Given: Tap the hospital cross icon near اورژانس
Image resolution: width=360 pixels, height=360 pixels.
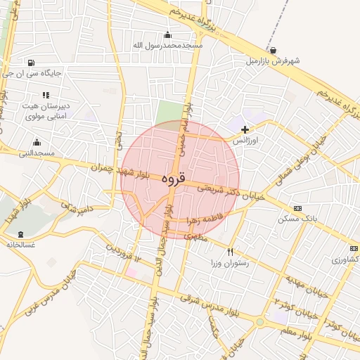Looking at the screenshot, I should (245, 129).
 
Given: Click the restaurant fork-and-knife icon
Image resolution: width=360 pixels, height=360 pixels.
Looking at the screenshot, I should (230, 252).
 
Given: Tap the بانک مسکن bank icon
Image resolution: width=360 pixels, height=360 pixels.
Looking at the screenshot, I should (297, 208).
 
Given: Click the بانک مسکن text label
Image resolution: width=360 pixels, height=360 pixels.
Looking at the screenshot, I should (297, 219).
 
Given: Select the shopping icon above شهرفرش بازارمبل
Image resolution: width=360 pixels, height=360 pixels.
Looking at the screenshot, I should (273, 50).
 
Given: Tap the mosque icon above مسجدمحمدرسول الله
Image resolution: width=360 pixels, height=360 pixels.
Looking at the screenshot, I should (167, 34).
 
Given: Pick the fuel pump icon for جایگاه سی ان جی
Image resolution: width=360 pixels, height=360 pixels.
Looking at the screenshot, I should (31, 62).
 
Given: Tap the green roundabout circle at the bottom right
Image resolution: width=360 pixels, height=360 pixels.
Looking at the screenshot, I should (259, 322).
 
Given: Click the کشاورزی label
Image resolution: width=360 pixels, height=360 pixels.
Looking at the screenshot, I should (345, 259).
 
